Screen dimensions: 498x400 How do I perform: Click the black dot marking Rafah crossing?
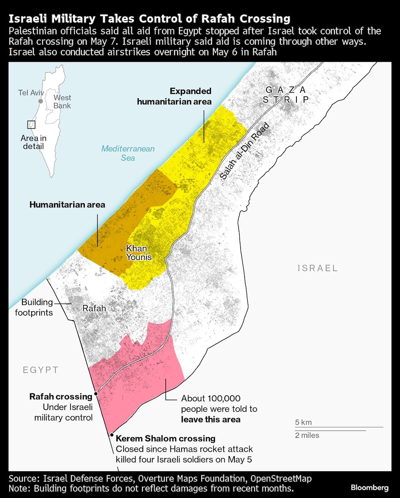tap(96, 394)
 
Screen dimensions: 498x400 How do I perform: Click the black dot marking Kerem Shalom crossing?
tap(112, 435)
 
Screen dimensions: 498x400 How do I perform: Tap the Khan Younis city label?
tap(139, 253)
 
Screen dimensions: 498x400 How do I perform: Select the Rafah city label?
tap(94, 308)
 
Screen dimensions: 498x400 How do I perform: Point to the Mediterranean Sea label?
tap(128, 153)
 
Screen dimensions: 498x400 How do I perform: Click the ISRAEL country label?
tap(318, 268)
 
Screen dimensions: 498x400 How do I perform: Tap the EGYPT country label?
tap(40, 370)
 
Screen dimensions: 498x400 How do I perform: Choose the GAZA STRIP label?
tap(286, 95)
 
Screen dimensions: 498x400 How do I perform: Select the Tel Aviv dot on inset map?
tap(40, 101)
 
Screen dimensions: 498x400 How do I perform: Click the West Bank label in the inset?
tap(62, 102)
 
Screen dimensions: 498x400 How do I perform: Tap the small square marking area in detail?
tap(31, 125)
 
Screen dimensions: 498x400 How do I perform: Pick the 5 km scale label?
tap(303, 422)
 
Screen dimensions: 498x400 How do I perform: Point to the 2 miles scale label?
tap(307, 435)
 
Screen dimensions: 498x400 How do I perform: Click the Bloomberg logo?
tap(369, 488)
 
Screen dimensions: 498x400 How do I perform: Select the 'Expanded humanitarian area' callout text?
tap(174, 96)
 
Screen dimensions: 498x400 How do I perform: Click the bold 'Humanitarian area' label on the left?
tap(67, 205)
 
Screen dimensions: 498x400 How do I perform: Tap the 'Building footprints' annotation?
tap(34, 307)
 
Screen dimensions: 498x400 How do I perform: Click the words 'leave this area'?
tap(210, 419)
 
